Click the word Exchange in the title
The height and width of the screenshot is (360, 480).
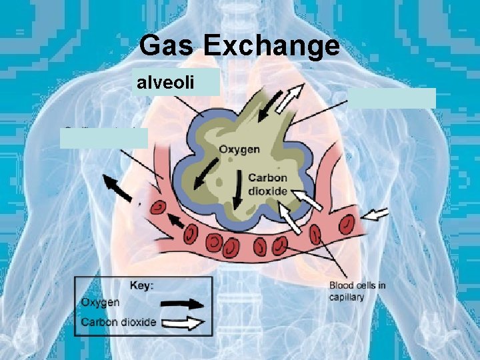coord(271,47)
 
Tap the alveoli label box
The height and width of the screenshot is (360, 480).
coord(176,82)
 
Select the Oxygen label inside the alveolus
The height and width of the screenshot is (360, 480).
coord(239,149)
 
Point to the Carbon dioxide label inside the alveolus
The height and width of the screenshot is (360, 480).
coord(267,184)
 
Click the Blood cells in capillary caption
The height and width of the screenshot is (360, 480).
coord(357,291)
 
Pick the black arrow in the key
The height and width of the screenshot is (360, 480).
coord(183,303)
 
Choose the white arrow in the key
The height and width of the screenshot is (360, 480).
coord(183,324)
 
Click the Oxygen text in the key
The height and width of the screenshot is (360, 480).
coord(101,303)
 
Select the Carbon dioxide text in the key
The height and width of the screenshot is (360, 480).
coord(119,323)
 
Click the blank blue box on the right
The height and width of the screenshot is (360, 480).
coord(392,98)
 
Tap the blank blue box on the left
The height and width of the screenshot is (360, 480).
coord(103,137)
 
